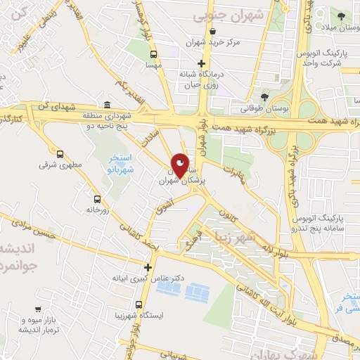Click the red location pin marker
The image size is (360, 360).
(x=180, y=165)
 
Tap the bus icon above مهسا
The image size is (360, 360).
(x=154, y=53)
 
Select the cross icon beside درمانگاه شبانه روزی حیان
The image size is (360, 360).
(x=201, y=64)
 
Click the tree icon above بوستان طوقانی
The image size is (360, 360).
(x=264, y=97)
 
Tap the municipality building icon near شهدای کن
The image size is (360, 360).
(x=107, y=105)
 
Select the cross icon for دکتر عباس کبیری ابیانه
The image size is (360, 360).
(x=148, y=267)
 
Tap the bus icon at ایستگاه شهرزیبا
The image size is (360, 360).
(x=139, y=306)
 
